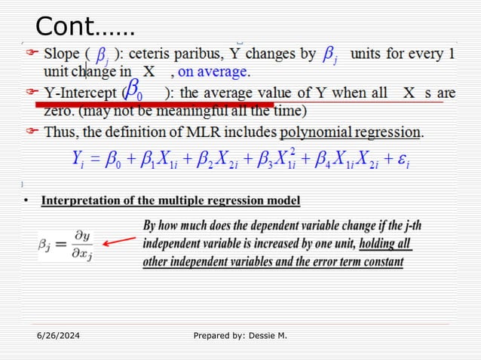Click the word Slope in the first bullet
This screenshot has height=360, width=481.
coord(64,54)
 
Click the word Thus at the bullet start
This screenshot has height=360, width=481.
coord(63,132)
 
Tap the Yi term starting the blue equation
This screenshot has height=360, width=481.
coord(75,159)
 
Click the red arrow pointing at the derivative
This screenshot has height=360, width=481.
coord(120,243)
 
